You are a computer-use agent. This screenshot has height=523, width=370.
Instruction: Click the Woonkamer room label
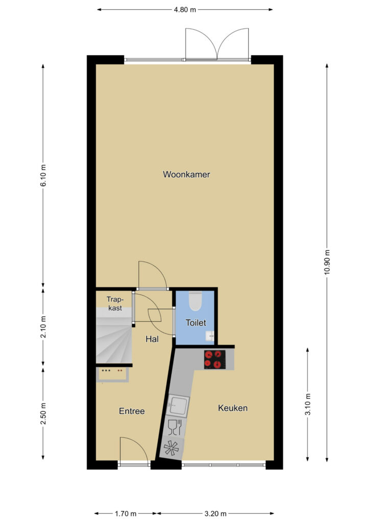click(186, 174)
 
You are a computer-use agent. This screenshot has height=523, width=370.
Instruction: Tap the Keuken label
click(233, 408)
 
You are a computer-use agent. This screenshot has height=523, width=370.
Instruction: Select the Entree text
click(132, 411)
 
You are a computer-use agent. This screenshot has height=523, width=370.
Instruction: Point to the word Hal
click(152, 339)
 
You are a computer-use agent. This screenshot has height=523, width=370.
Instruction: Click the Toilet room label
click(196, 323)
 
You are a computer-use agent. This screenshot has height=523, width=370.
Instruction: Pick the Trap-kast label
click(115, 303)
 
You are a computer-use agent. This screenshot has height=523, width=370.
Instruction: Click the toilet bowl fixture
click(196, 301)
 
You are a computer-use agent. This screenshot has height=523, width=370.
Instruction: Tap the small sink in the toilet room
click(210, 336)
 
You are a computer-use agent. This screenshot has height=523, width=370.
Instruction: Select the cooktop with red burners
click(215, 359)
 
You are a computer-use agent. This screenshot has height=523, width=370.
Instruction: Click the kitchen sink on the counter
click(177, 405)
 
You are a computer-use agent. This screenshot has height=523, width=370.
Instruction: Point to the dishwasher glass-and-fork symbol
click(174, 427)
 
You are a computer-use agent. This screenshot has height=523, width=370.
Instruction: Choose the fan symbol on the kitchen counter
click(171, 447)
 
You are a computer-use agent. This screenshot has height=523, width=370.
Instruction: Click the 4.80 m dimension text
click(185, 10)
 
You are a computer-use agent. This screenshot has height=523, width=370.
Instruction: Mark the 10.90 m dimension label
click(327, 262)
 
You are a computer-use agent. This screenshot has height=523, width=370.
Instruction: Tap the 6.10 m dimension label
click(43, 175)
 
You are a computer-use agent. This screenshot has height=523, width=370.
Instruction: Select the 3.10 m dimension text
click(308, 404)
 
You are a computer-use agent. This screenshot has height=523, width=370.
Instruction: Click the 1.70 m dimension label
click(125, 514)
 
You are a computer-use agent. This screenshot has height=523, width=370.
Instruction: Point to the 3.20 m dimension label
click(215, 514)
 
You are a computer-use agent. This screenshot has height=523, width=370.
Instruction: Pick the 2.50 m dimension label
click(43, 414)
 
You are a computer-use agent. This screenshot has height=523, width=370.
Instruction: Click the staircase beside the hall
click(113, 336)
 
